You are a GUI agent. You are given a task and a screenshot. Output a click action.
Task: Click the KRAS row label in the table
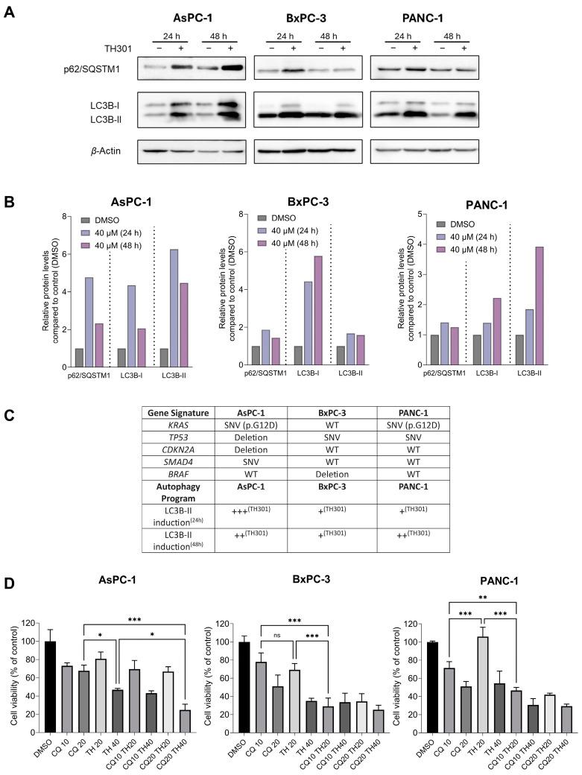point(171,426)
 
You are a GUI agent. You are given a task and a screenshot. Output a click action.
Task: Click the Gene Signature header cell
point(171,412)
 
